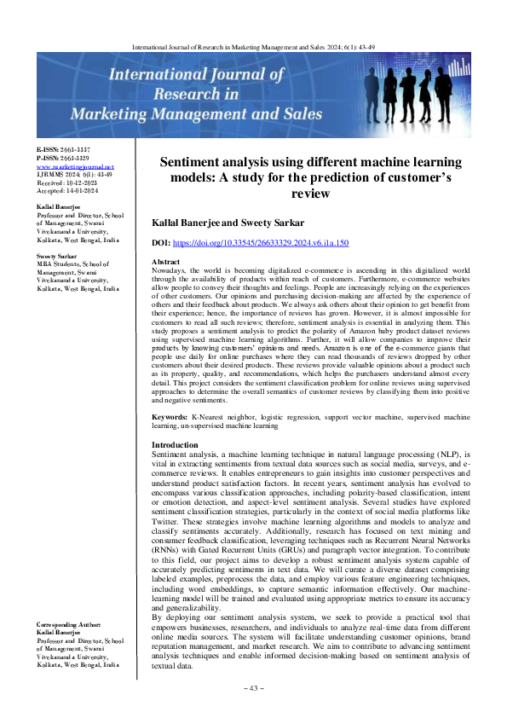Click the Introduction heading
175,445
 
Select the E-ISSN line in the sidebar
62,150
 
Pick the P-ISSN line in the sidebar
62,159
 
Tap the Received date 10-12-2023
62,182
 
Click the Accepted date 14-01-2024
62,191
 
